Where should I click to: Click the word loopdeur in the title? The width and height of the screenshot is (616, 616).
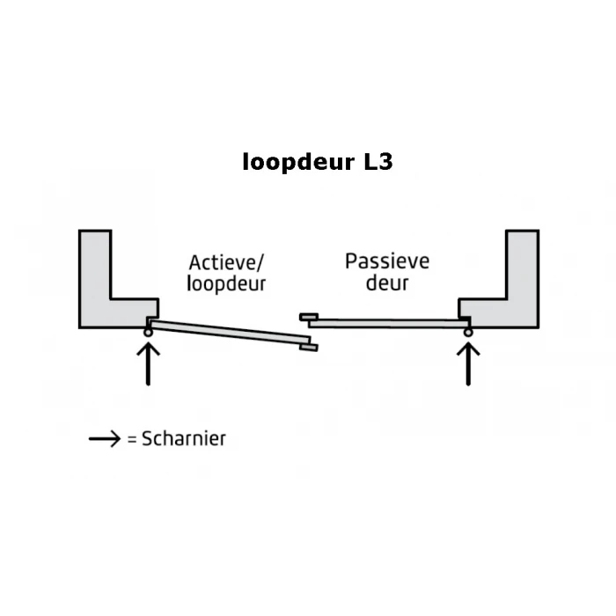point(298,162)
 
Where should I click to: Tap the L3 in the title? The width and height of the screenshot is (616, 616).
point(378,161)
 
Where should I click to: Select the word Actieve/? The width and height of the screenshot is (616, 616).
point(226,262)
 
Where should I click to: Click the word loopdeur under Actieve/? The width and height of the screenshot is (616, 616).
point(226,283)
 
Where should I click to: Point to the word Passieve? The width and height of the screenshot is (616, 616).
point(387,261)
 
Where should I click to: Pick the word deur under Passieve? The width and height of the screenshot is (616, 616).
point(387,282)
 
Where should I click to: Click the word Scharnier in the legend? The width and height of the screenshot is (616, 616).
point(184,438)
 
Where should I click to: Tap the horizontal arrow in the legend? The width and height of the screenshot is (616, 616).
point(105,438)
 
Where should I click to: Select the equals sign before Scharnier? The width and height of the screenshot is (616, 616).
point(132,439)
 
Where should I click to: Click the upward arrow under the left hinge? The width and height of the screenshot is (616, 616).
point(148,363)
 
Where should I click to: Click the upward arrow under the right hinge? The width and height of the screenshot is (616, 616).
point(468,363)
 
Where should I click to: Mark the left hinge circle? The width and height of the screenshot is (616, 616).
point(148,333)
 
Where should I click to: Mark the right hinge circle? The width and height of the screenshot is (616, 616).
point(468,333)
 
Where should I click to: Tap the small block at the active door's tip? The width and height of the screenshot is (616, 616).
point(309,348)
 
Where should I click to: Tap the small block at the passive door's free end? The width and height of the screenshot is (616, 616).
point(309,317)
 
